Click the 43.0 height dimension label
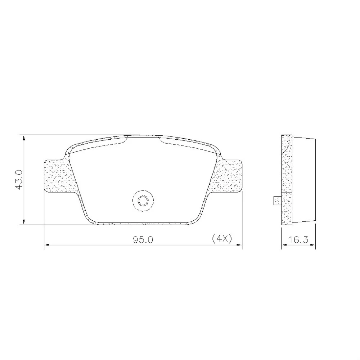pos(19,180)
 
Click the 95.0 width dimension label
pos(143,240)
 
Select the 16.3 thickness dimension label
pos(298,240)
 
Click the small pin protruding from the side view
pos(277,201)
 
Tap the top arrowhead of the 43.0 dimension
pos(24,138)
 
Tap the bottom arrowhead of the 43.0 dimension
pos(24,222)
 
